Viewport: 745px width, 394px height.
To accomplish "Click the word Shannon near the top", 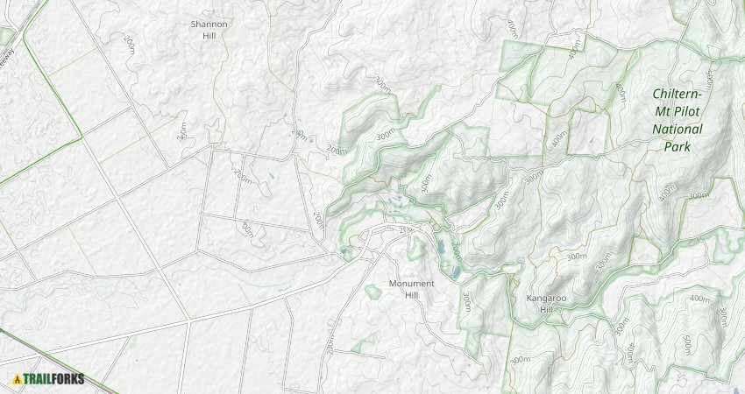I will click(209, 24).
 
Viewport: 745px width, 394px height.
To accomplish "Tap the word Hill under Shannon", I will click(209, 36).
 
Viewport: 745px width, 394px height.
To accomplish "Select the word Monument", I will click(411, 284).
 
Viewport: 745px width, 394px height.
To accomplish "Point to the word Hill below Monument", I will click(411, 295).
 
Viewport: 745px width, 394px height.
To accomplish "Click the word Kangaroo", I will click(547, 298).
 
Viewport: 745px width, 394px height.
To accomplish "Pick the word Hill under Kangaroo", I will click(545, 309).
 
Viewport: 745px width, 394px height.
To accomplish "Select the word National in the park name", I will click(678, 130).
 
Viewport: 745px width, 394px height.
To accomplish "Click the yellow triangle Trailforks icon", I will click(18, 379).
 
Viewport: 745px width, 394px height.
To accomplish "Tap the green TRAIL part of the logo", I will click(39, 379).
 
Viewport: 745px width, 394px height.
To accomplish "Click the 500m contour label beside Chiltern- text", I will click(709, 80).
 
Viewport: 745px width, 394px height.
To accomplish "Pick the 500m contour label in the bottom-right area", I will click(686, 346).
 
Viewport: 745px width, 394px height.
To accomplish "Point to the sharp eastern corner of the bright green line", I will click(82, 136).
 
